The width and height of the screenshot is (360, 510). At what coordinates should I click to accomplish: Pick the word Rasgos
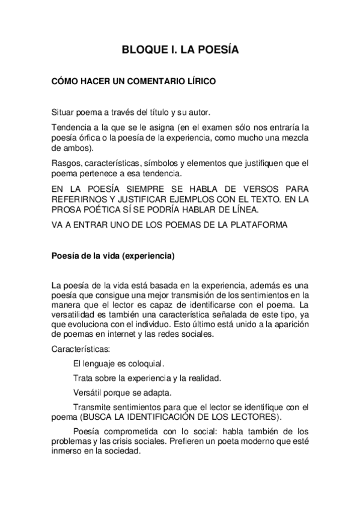pyautogui.click(x=66, y=163)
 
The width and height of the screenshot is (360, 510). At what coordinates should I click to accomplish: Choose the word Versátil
pyautogui.click(x=87, y=392)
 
